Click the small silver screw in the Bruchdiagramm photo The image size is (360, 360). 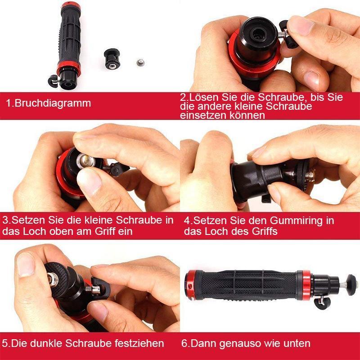pos(140,59)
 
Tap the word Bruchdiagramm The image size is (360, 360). pos(53,103)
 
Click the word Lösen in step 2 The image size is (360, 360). pos(205,98)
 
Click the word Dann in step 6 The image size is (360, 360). pos(204,343)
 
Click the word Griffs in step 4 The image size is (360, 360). pos(264,231)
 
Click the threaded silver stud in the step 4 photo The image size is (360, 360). pos(307,173)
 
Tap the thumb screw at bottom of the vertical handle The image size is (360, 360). pos(53,81)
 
